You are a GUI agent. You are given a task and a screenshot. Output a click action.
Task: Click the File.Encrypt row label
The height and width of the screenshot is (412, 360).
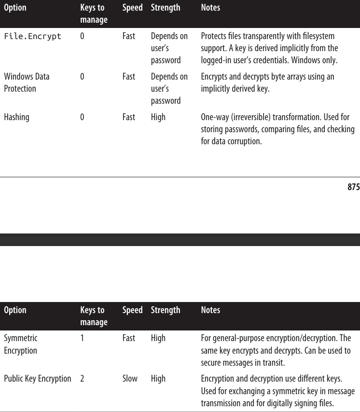pyautogui.click(x=32, y=36)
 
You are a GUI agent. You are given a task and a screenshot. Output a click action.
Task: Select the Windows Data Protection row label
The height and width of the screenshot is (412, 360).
pyautogui.click(x=27, y=82)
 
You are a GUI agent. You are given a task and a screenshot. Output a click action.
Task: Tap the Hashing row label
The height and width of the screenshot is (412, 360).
pyautogui.click(x=16, y=117)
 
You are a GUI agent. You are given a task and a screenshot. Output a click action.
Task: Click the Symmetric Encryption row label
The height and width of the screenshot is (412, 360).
pyautogui.click(x=20, y=344)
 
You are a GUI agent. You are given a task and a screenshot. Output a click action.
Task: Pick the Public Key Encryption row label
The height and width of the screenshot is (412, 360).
pyautogui.click(x=37, y=379)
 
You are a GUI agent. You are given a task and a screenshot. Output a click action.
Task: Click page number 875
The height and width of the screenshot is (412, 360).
pyautogui.click(x=353, y=187)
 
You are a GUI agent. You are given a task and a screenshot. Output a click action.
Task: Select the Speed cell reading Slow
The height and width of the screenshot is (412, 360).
pyautogui.click(x=130, y=379)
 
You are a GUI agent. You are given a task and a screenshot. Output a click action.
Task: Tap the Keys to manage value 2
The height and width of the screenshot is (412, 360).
pyautogui.click(x=82, y=379)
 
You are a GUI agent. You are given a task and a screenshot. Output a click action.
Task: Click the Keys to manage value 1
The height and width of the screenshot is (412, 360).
pyautogui.click(x=82, y=338)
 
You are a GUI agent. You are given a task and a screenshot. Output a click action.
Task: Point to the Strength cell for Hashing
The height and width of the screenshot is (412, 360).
pyautogui.click(x=158, y=117)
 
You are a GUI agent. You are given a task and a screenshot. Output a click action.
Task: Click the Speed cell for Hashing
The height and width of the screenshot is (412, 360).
pyautogui.click(x=129, y=117)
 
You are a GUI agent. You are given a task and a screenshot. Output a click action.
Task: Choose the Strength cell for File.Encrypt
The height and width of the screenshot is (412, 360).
pyautogui.click(x=169, y=48)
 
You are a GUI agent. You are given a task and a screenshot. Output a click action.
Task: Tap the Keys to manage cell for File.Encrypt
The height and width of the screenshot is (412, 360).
pyautogui.click(x=82, y=36)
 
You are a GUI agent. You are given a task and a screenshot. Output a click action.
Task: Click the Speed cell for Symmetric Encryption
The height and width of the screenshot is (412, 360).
pyautogui.click(x=129, y=338)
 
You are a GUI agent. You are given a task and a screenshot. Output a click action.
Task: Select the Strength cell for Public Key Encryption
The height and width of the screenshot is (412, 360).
pyautogui.click(x=158, y=379)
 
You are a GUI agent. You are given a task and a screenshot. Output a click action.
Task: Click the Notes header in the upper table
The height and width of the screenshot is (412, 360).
pyautogui.click(x=210, y=8)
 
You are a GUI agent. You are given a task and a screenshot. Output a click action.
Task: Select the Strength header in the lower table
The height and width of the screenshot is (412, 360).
pyautogui.click(x=165, y=310)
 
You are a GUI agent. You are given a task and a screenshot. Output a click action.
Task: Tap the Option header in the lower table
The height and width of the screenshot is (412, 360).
pyautogui.click(x=15, y=310)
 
